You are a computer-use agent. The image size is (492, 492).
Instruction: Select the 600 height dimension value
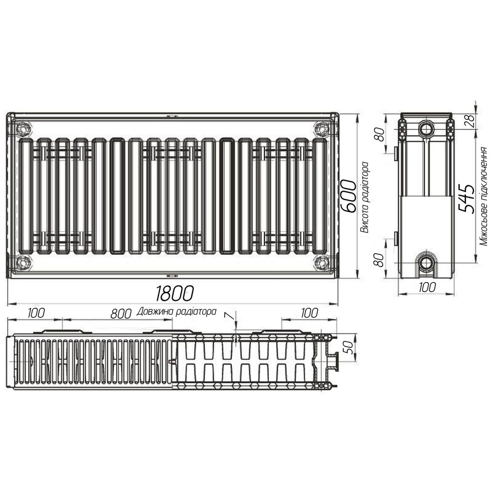(348, 196)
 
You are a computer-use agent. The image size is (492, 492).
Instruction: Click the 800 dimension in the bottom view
(121, 313)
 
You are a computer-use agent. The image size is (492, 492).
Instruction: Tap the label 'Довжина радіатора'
(178, 311)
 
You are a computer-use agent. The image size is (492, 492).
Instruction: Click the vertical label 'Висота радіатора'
(365, 197)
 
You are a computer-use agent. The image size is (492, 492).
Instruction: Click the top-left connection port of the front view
(23, 129)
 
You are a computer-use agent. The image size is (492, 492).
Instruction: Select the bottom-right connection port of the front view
(322, 262)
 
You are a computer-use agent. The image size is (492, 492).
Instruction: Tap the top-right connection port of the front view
(322, 129)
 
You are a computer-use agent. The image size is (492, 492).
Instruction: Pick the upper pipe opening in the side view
(426, 129)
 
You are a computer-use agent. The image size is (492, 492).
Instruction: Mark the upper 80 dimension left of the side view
(379, 134)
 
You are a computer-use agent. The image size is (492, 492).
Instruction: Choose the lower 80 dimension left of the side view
(379, 259)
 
